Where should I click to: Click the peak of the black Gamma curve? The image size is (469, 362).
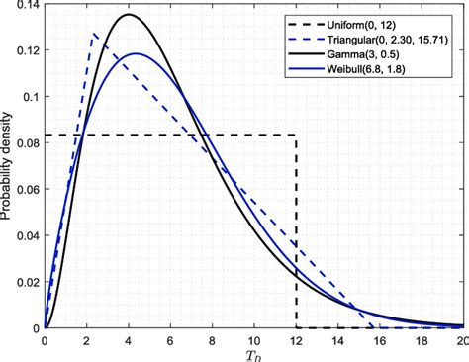tap(130, 15)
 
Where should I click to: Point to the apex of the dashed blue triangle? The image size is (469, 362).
tap(93, 35)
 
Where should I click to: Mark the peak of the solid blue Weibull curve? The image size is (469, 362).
tap(137, 53)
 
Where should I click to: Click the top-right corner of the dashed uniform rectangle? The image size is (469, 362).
tap(296, 135)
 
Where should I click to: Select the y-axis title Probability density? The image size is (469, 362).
tap(9, 166)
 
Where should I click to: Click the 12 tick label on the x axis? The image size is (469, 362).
tap(296, 339)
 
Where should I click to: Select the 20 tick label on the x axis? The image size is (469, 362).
tap(461, 339)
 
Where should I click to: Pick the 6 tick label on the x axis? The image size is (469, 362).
tap(170, 339)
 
